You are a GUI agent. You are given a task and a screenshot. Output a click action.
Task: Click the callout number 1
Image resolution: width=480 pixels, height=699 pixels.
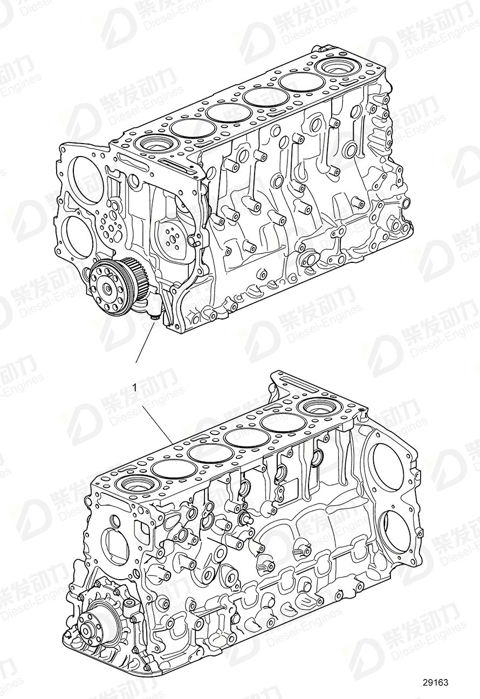pyautogui.click(x=134, y=387)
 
